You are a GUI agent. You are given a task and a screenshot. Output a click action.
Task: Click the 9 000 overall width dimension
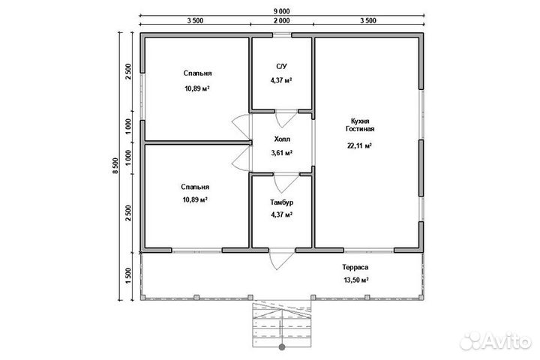282,11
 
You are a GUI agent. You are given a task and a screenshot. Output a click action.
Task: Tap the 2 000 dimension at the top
282,21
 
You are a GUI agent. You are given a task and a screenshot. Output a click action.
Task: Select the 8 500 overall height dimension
115,166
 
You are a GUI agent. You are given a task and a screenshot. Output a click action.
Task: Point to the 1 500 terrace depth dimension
128,276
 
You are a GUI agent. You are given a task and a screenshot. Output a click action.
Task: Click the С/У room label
281,66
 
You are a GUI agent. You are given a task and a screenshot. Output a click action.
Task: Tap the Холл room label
282,139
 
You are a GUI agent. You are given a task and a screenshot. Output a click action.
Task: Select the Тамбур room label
282,202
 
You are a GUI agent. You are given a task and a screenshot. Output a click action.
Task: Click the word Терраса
355,267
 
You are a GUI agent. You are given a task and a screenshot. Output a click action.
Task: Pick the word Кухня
360,121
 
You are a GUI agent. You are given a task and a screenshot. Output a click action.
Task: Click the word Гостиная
360,129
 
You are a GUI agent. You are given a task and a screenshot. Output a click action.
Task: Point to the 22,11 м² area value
359,145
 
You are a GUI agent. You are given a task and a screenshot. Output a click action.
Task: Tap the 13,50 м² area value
356,280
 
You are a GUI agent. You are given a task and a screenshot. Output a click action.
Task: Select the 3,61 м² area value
282,152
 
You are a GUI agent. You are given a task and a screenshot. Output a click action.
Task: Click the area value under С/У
281,80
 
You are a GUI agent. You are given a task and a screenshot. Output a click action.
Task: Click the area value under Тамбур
282,214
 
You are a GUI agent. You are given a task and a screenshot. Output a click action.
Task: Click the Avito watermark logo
495,341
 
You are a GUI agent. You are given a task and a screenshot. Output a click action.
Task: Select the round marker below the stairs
282,347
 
